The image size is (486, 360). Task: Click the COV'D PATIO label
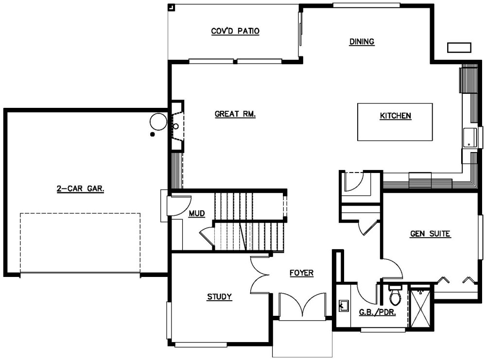[x=235, y=32]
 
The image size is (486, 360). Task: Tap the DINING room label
[x=362, y=42]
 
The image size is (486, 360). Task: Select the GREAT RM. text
[x=235, y=114]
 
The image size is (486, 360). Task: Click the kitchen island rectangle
[x=395, y=122]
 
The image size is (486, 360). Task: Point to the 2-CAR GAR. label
[x=80, y=190]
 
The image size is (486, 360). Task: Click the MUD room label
[x=197, y=213]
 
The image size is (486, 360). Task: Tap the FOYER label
[x=301, y=273]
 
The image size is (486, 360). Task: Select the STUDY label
[x=219, y=297]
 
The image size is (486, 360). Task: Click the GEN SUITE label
[x=431, y=234]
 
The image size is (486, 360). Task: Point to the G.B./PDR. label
[x=377, y=312]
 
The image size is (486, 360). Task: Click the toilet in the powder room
[x=395, y=295]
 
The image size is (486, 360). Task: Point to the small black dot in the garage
[x=153, y=134]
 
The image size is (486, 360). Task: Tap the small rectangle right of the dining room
[x=459, y=47]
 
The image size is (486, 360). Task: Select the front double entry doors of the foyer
[x=303, y=306]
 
